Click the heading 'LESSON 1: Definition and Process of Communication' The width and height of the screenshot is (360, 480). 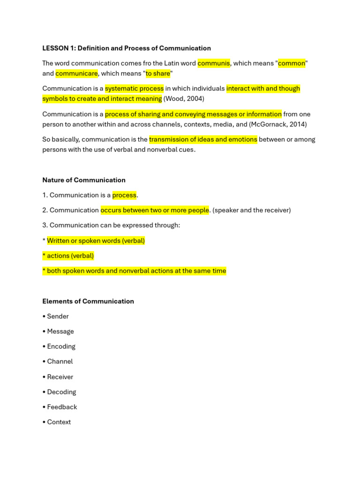click(127, 48)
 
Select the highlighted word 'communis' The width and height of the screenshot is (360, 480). click(214, 63)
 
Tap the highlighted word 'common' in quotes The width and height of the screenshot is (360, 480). click(292, 63)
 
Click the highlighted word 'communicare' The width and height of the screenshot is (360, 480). click(77, 74)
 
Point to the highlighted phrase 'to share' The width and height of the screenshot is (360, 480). click(158, 74)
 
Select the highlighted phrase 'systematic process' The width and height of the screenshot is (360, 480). click(134, 89)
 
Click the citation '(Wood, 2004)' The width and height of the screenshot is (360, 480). click(184, 99)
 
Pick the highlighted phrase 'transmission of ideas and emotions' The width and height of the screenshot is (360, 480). click(203, 139)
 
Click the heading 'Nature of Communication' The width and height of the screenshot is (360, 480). click(84, 180)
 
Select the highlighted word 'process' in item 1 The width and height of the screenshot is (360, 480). click(124, 195)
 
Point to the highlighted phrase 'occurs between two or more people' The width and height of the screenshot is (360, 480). click(155, 210)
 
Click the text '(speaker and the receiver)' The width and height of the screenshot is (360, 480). click(252, 210)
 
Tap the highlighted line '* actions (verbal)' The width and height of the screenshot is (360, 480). click(68, 255)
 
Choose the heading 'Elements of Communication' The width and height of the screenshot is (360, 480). click(88, 301)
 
